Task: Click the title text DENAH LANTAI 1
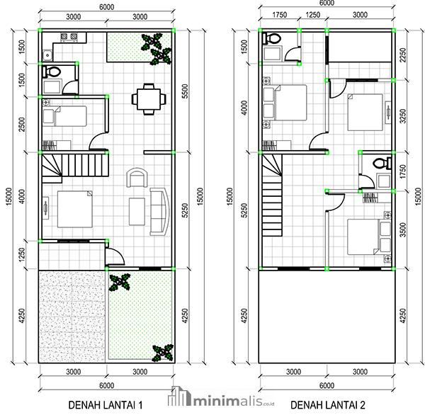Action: pos(106,404)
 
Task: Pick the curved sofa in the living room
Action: pos(159,211)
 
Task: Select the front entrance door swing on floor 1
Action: pos(112,256)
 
